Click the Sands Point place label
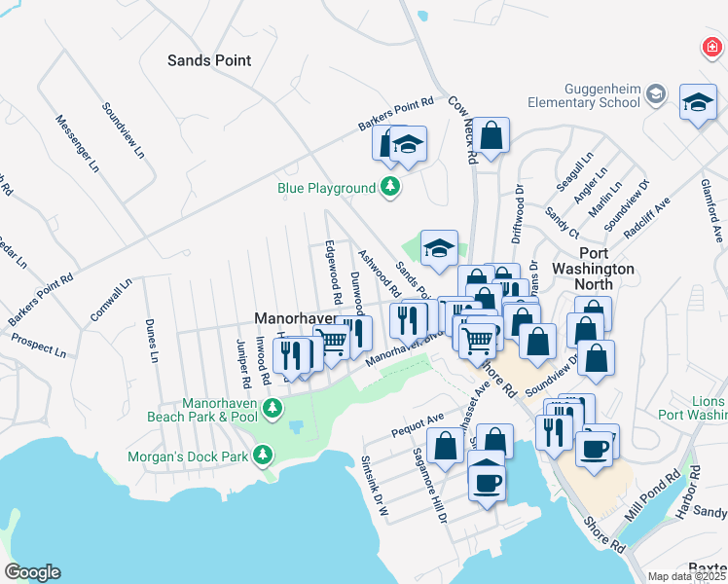point(209,60)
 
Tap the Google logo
point(32,572)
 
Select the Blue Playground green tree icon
point(390,187)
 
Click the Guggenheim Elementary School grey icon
point(655,93)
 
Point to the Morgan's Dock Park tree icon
point(262,455)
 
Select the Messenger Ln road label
point(76,145)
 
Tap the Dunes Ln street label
point(151,341)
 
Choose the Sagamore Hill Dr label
point(428,485)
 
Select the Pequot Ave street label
point(418,421)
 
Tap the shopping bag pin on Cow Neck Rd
point(492,136)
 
